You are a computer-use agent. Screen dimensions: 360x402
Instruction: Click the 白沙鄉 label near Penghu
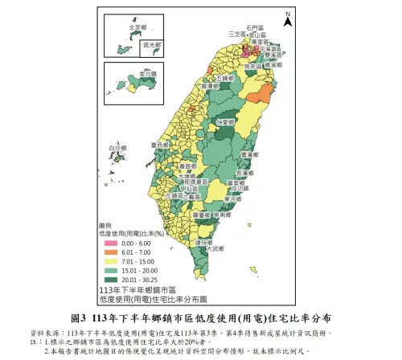[117, 148]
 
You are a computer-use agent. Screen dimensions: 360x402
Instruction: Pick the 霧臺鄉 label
[204, 216]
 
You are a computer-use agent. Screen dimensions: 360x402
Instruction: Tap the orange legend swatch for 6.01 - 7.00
[108, 250]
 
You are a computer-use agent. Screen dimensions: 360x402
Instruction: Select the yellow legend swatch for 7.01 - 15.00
[108, 258]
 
